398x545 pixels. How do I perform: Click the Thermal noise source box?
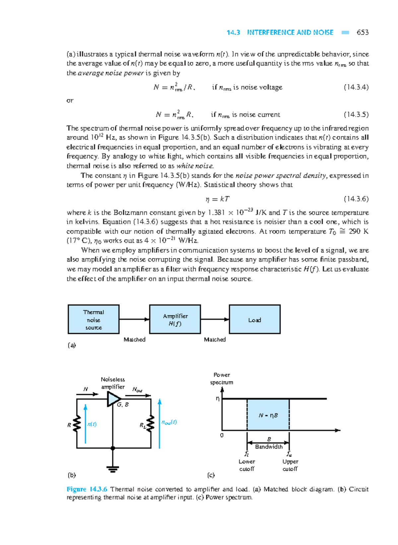click(x=94, y=319)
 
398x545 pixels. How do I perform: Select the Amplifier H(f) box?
click(x=175, y=319)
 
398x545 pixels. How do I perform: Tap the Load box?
click(x=255, y=319)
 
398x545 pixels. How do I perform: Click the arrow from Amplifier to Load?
click(x=215, y=319)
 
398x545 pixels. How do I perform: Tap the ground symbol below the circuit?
click(x=113, y=469)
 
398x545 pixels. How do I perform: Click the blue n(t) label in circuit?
click(x=92, y=424)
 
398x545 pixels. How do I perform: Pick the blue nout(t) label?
click(x=169, y=422)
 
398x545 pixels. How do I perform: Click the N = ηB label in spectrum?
click(x=268, y=415)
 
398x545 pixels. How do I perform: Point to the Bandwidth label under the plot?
click(x=269, y=447)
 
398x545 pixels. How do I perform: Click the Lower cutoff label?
click(x=247, y=465)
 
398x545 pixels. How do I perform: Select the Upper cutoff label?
click(x=290, y=465)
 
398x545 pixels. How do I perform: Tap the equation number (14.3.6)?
click(x=356, y=199)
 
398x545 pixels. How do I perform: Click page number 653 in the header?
click(x=362, y=32)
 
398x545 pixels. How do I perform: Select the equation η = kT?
click(x=217, y=199)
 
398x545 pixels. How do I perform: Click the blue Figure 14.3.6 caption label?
click(x=87, y=489)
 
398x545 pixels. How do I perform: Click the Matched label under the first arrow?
click(x=134, y=339)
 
